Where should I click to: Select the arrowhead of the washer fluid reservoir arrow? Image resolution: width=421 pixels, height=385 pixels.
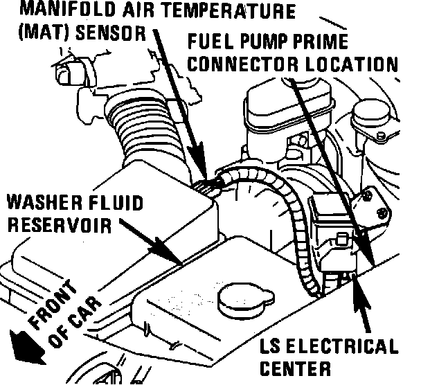tap(173, 257)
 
